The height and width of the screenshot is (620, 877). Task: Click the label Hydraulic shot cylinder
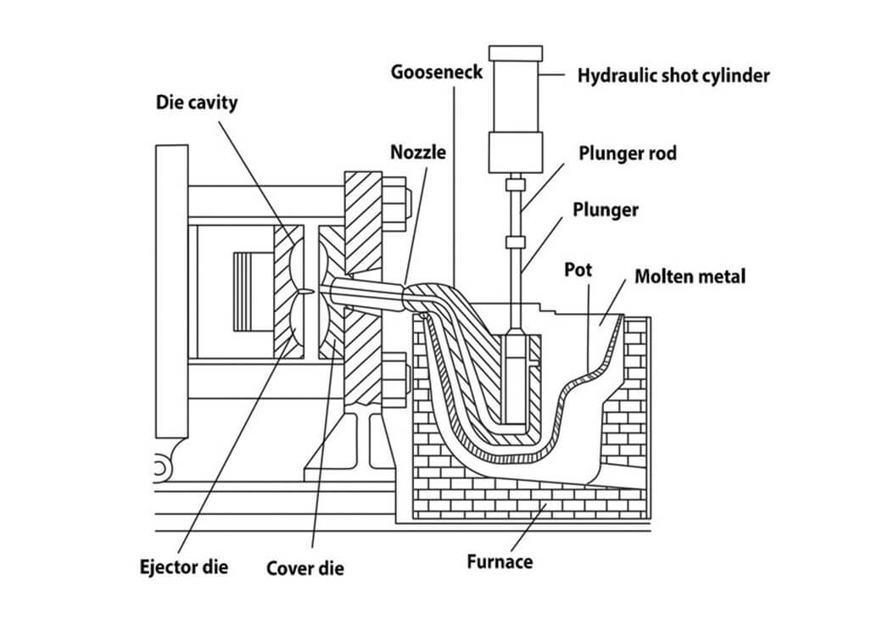pyautogui.click(x=673, y=75)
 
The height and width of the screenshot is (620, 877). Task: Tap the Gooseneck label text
pyautogui.click(x=436, y=71)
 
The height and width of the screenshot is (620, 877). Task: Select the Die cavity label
pyautogui.click(x=197, y=103)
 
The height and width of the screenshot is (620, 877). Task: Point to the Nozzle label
pyautogui.click(x=417, y=153)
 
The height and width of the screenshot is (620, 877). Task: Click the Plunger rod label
pyautogui.click(x=627, y=154)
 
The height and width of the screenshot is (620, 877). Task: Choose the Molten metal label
pyautogui.click(x=690, y=276)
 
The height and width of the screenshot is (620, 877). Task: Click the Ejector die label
pyautogui.click(x=184, y=566)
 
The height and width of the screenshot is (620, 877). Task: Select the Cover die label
pyautogui.click(x=305, y=567)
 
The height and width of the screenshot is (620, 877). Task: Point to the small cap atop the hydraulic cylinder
pyautogui.click(x=514, y=52)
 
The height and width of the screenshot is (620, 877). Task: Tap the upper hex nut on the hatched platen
pyautogui.click(x=396, y=200)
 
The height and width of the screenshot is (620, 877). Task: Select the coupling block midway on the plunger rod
pyautogui.click(x=515, y=243)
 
